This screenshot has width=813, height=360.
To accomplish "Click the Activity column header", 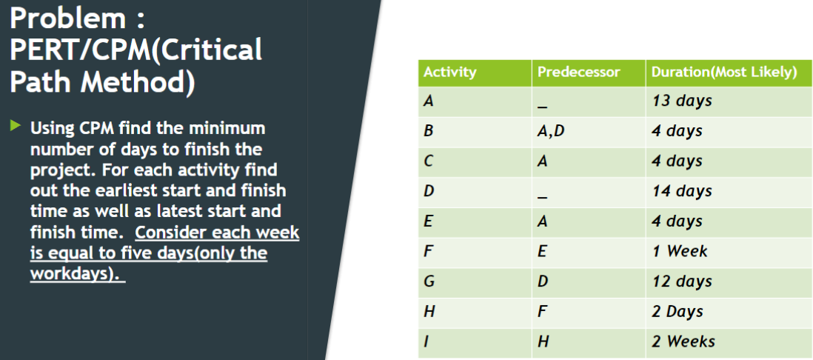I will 449,73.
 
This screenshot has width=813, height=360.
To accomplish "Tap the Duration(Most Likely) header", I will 723,73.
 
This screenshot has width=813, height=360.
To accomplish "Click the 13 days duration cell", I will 681,101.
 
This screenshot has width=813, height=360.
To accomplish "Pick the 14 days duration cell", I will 681,191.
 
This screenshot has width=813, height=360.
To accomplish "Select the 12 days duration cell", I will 681,281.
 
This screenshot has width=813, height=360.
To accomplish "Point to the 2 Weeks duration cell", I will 683,341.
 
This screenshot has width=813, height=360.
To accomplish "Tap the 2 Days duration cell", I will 677,312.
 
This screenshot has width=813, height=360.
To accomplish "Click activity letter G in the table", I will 429,281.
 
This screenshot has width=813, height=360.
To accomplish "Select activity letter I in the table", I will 426,341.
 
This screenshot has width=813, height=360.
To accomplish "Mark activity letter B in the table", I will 428,131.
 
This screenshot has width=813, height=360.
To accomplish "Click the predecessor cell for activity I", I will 543,341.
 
